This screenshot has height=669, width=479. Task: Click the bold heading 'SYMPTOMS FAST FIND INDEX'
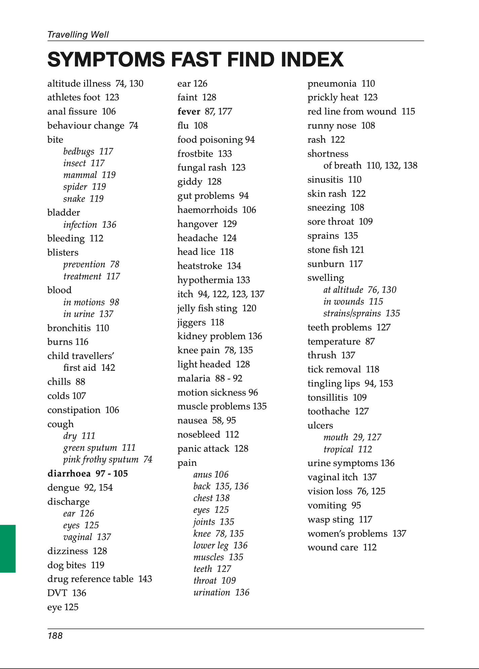click(x=195, y=59)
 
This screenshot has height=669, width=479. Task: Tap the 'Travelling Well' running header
click(x=78, y=35)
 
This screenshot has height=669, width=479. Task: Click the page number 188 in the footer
click(x=55, y=635)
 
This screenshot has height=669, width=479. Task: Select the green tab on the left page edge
click(x=8, y=548)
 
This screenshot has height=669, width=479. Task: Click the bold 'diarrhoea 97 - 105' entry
click(x=87, y=474)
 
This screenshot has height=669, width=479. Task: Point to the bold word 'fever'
click(x=189, y=111)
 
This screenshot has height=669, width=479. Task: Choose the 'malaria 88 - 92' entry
click(x=210, y=378)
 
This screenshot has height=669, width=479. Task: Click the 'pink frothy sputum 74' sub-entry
click(x=108, y=459)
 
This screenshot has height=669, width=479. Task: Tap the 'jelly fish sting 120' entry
click(x=217, y=308)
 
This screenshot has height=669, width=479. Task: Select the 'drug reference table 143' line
click(x=99, y=579)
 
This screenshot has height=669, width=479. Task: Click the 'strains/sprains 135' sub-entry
click(x=361, y=313)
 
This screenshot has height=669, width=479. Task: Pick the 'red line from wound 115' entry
click(x=361, y=111)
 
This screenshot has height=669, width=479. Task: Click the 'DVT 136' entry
click(x=67, y=593)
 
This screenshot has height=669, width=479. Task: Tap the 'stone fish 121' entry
click(x=335, y=250)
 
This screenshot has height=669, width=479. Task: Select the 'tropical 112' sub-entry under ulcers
click(x=348, y=449)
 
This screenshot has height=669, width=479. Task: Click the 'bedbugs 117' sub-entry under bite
click(x=88, y=151)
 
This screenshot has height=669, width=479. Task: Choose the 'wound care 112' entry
click(x=342, y=547)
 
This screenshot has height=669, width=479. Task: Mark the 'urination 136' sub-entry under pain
click(x=221, y=592)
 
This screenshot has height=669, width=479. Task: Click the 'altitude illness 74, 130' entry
click(x=95, y=84)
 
